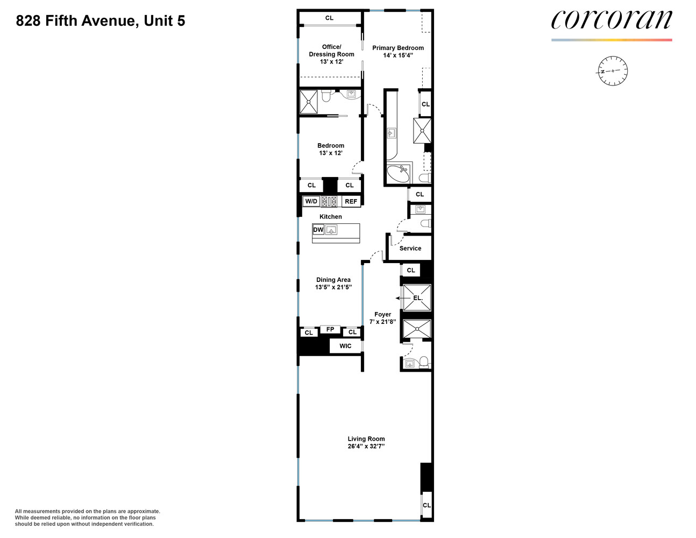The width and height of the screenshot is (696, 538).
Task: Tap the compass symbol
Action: click(613, 71)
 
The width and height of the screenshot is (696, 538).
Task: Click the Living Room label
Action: click(366, 438)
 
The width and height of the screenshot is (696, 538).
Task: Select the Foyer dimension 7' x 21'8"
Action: click(382, 322)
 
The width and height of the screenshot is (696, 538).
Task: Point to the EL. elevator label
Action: click(418, 298)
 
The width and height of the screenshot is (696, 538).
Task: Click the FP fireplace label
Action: click(330, 329)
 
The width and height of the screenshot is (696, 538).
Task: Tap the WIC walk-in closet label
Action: click(345, 346)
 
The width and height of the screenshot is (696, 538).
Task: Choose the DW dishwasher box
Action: click(318, 230)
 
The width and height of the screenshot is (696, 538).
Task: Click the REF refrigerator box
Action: click(351, 201)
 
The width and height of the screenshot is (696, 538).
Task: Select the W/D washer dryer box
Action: click(311, 201)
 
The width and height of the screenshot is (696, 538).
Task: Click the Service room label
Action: click(410, 248)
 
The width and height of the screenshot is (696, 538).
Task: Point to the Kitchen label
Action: click(331, 217)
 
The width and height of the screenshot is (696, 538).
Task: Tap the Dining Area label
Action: click(333, 280)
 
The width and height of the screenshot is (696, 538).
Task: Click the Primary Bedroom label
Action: click(398, 48)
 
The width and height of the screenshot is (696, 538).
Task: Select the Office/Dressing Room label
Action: click(331, 51)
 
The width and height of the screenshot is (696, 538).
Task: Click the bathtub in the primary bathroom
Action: click(398, 173)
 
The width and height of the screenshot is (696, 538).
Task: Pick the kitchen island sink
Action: click(331, 230)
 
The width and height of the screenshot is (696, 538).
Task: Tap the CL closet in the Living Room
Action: click(427, 505)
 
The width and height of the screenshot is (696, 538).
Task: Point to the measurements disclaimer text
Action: click(88, 518)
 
